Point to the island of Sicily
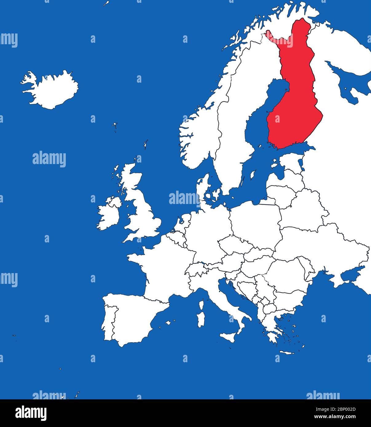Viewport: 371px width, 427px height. pos(229,336)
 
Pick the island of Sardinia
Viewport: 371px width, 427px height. pos(201,319)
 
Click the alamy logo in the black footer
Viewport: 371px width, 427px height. pos(31,413)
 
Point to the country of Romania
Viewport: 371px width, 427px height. pos(286,273)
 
